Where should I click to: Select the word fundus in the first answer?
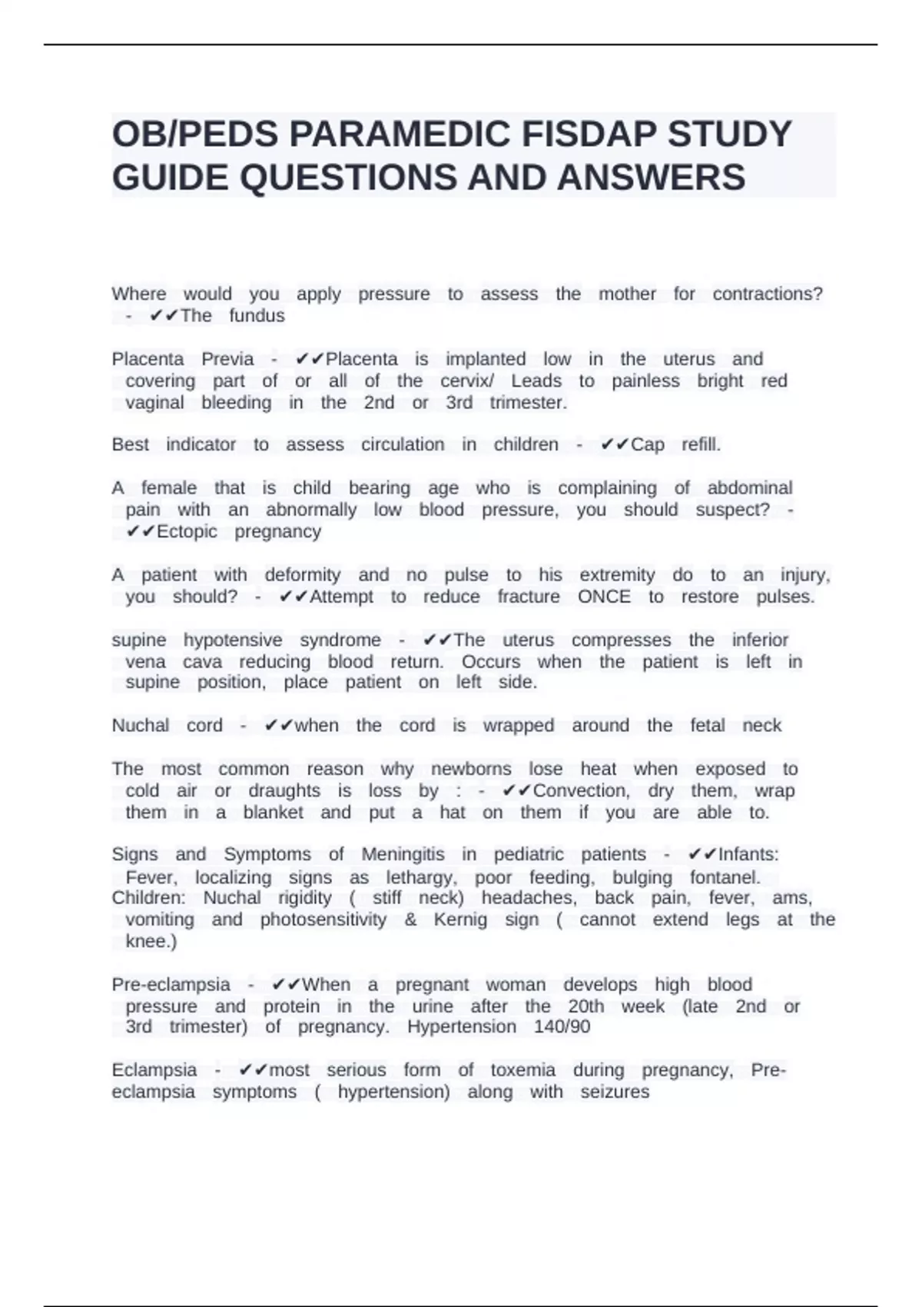tap(257, 316)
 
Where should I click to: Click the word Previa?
tap(227, 359)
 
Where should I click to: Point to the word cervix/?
tap(467, 381)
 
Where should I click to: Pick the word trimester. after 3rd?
tap(529, 403)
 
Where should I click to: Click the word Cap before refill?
tap(647, 445)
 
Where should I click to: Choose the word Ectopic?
tap(187, 532)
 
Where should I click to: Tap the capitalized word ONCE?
tap(604, 597)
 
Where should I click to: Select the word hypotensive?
tap(233, 640)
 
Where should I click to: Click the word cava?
tap(202, 662)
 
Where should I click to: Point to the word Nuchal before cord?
tap(141, 726)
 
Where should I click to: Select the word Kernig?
tap(460, 920)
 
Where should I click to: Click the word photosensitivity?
tap(323, 920)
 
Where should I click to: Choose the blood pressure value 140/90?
tap(562, 1027)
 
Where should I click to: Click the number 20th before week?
tap(586, 1006)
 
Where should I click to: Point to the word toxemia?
tap(522, 1070)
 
